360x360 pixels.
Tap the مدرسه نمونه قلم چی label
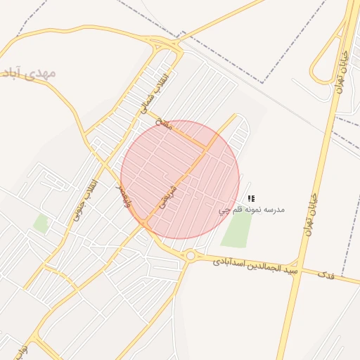pyautogui.click(x=252, y=210)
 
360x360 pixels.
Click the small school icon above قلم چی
pyautogui.click(x=252, y=200)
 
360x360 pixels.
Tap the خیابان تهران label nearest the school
pyautogui.click(x=310, y=211)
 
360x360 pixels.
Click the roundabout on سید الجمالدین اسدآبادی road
pyautogui.click(x=191, y=255)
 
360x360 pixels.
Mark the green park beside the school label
pyautogui.click(x=238, y=229)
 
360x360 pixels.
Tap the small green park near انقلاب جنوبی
pyautogui.click(x=41, y=224)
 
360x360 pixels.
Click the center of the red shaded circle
pyautogui.click(x=180, y=179)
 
